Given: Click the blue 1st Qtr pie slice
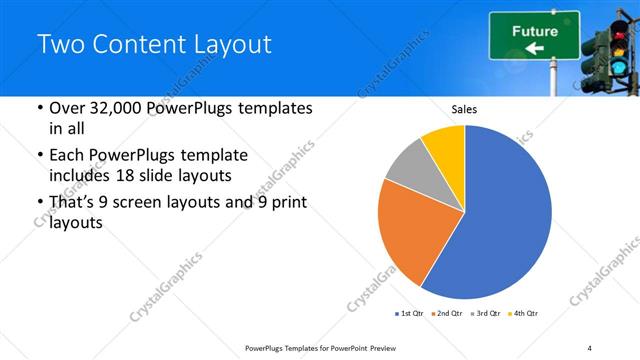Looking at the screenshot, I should pos(500,220).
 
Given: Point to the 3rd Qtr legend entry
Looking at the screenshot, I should pos(486,314).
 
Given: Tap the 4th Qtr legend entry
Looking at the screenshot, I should pos(523,314).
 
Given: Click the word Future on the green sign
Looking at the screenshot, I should pos(535,31).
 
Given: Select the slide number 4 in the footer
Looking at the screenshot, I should pos(590,347).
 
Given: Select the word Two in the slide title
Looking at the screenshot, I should pos(58,44).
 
